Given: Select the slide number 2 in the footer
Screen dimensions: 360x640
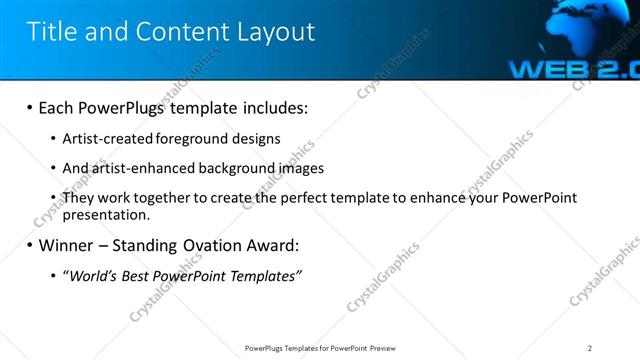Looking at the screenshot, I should point(590,348).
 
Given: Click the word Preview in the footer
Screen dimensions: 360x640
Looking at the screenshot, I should point(388,348).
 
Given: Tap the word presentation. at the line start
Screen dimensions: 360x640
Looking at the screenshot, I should point(106,214).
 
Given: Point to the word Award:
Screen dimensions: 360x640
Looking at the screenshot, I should point(269,244).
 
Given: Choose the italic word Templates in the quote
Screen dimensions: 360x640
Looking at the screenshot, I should point(263,275).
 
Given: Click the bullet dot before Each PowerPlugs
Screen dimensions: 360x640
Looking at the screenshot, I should point(29,107).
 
